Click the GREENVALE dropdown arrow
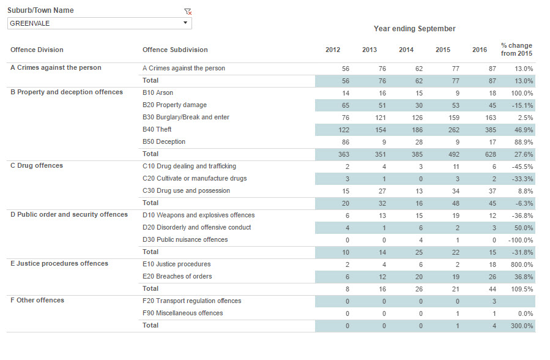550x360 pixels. pyautogui.click(x=185, y=23)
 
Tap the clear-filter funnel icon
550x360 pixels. pyautogui.click(x=188, y=12)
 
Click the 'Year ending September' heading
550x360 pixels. pyautogui.click(x=415, y=29)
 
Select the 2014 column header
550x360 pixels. pyautogui.click(x=406, y=50)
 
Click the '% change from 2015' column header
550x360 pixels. pyautogui.click(x=517, y=50)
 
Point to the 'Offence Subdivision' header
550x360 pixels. pyautogui.click(x=175, y=50)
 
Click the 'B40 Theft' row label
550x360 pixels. pyautogui.click(x=157, y=129)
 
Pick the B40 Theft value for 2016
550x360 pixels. pyautogui.click(x=491, y=130)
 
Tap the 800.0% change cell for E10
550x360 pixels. pyautogui.click(x=522, y=265)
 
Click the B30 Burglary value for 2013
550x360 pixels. pyautogui.click(x=381, y=118)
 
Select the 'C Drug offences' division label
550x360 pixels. pyautogui.click(x=37, y=166)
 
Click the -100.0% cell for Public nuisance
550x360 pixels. pyautogui.click(x=521, y=241)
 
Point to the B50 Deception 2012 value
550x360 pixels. pyautogui.click(x=346, y=143)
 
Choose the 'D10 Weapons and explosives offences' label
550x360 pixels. pyautogui.click(x=199, y=215)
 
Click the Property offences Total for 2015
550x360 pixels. pyautogui.click(x=453, y=155)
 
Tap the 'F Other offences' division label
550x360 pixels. pyautogui.click(x=37, y=301)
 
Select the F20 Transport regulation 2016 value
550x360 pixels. pyautogui.click(x=494, y=301)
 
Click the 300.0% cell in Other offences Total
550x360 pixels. pyautogui.click(x=522, y=326)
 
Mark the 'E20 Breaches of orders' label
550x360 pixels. pyautogui.click(x=177, y=277)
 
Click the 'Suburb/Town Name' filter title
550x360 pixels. pyautogui.click(x=40, y=10)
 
